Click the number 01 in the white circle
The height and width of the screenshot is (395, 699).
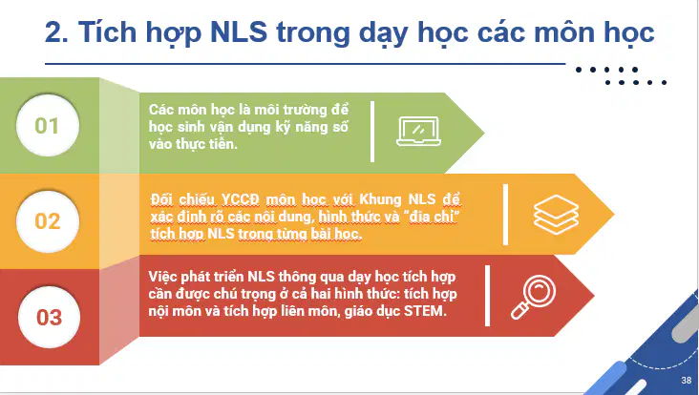[47, 126]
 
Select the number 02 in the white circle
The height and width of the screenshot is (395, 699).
[47, 221]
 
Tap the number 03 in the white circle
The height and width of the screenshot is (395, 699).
[49, 318]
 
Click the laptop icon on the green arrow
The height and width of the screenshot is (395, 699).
[418, 132]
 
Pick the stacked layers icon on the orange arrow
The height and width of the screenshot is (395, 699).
[556, 215]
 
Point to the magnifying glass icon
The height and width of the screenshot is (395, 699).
[533, 297]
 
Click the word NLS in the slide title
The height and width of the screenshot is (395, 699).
[239, 32]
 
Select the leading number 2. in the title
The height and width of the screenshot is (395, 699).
[56, 32]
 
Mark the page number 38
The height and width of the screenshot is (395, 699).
[686, 381]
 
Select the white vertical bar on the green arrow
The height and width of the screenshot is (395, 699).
[372, 132]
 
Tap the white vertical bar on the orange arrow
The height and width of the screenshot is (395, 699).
[505, 215]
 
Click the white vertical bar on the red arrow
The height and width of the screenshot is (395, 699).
[487, 296]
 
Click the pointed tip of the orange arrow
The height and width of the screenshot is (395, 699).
[614, 215]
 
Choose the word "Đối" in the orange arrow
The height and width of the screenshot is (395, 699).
[161, 199]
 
